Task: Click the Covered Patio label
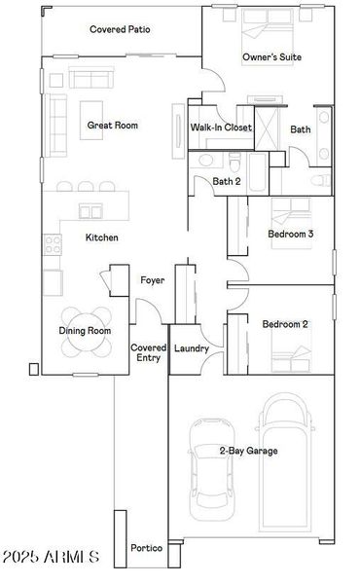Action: (120, 29)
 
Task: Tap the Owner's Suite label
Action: (271, 57)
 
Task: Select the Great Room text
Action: (113, 125)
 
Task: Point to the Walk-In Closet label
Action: (221, 128)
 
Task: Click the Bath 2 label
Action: (227, 181)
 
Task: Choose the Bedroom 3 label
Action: (290, 234)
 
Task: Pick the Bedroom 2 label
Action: (285, 324)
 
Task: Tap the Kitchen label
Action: (102, 237)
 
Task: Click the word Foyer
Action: (152, 280)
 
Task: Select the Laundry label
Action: (192, 347)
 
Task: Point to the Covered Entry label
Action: (148, 352)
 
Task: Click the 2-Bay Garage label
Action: (248, 451)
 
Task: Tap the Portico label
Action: (147, 549)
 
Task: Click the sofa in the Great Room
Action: (56, 117)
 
